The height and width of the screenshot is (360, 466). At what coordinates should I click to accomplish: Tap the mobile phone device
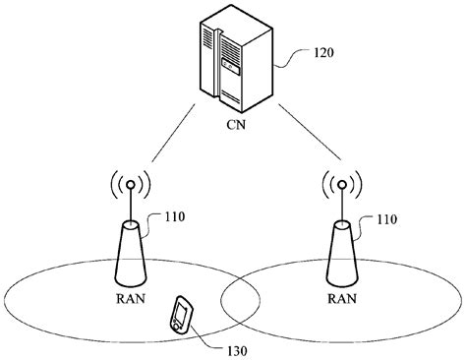coord(181,314)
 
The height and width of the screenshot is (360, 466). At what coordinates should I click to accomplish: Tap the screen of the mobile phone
coord(180,315)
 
